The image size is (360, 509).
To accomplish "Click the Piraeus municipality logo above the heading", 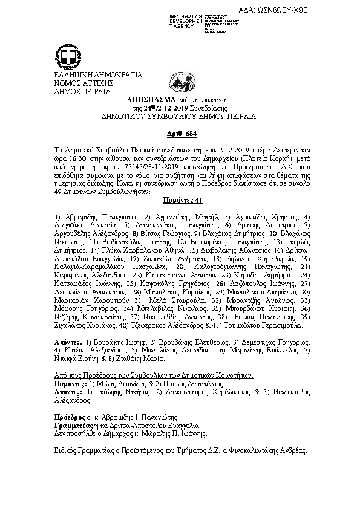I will pos(178,80).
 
